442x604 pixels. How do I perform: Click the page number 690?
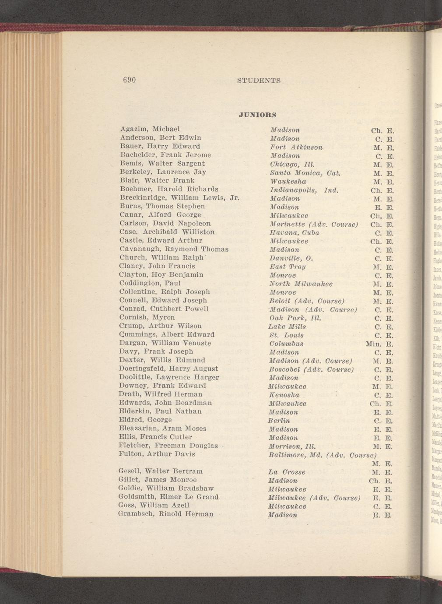click(130, 80)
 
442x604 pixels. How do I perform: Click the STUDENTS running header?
click(259, 81)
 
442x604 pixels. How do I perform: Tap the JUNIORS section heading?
click(258, 115)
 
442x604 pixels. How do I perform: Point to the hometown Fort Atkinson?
click(296, 147)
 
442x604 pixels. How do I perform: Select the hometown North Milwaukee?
click(301, 284)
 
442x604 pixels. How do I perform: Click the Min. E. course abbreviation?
click(380, 344)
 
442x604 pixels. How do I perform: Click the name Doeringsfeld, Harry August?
click(168, 369)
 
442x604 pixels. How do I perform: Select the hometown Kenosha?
click(284, 395)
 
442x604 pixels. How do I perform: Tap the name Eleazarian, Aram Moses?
click(162, 428)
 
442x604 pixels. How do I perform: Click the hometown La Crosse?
click(287, 472)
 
